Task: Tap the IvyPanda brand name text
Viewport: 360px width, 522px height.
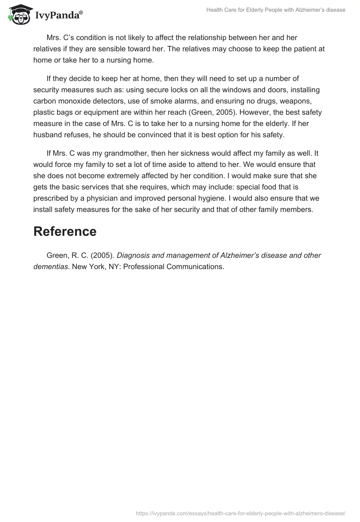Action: [58, 15]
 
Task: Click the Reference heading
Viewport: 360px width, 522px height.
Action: [65, 231]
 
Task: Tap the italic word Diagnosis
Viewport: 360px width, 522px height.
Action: [134, 255]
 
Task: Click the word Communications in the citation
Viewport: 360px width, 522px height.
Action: [195, 266]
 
